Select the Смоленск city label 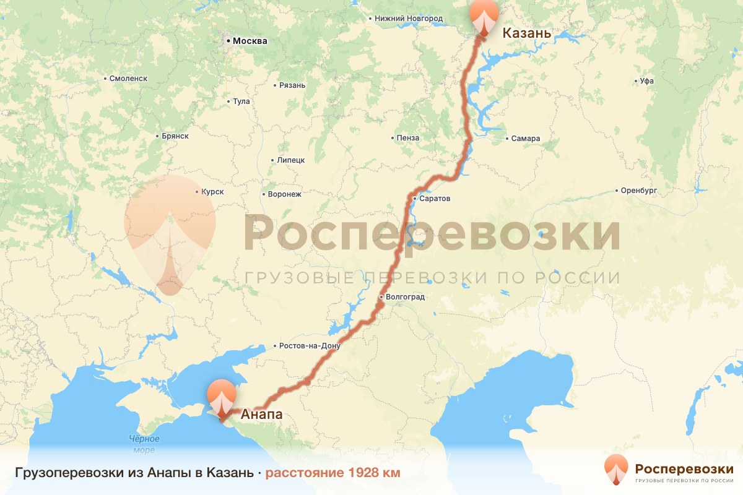[x=128, y=79]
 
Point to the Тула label [x=240, y=101]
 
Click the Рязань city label [x=292, y=85]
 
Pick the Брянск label [x=174, y=136]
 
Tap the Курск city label [x=212, y=192]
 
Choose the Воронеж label [x=284, y=194]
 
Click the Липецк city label [x=290, y=160]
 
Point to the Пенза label [x=409, y=138]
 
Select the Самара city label [x=526, y=139]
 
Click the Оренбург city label [x=639, y=191]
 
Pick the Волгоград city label [x=405, y=297]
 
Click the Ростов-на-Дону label [x=310, y=346]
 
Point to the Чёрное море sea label [x=144, y=444]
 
